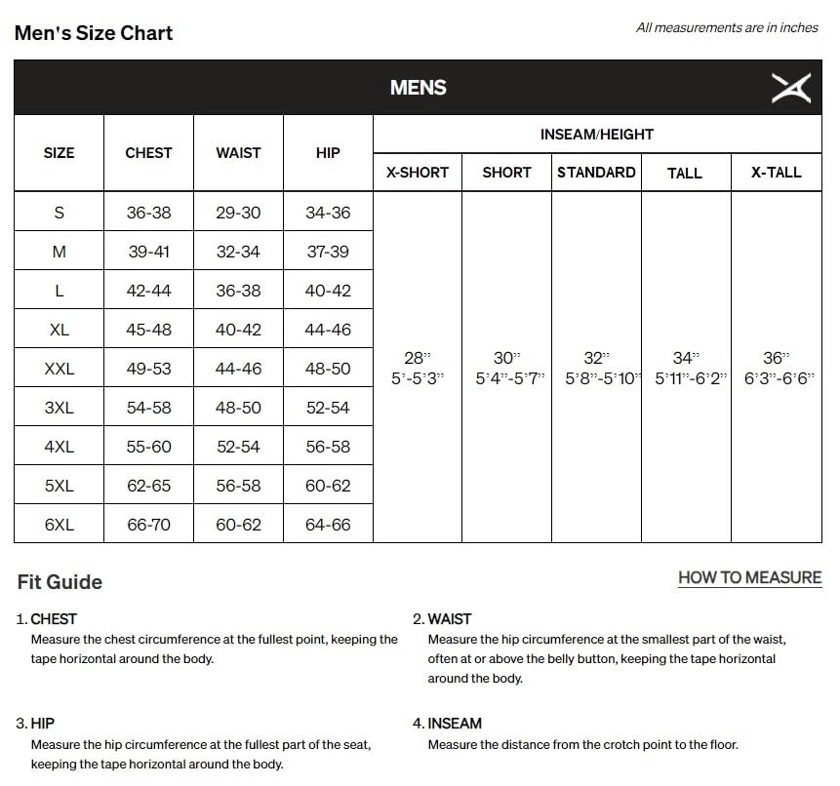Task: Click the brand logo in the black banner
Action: (x=790, y=88)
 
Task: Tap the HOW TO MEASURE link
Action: (x=749, y=577)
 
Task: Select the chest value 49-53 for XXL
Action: (x=148, y=369)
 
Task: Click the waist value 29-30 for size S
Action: (x=238, y=213)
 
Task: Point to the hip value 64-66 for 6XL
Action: (x=328, y=525)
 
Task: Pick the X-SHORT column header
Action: (x=418, y=173)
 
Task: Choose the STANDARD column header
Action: (x=596, y=173)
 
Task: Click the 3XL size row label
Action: (x=60, y=408)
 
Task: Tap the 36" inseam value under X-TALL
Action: (x=776, y=359)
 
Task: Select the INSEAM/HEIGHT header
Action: (x=597, y=135)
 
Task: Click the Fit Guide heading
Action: (x=60, y=582)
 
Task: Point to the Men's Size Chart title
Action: (x=94, y=33)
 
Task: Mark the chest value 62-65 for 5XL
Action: (x=148, y=486)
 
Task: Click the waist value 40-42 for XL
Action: (x=238, y=330)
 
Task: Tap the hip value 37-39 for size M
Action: (x=328, y=252)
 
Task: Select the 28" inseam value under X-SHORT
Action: (x=418, y=359)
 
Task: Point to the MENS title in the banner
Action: (x=419, y=88)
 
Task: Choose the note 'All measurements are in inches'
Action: (x=727, y=28)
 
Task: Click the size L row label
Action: (x=60, y=291)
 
